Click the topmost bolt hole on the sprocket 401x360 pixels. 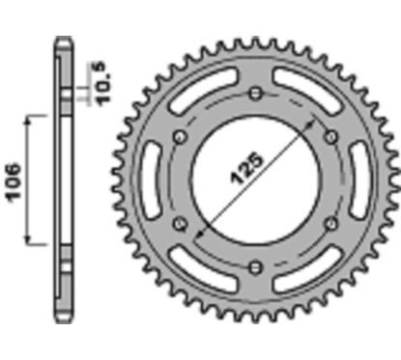[x=254, y=94]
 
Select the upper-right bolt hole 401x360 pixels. [x=329, y=136]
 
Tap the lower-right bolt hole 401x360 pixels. [x=329, y=223]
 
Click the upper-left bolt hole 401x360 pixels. [x=179, y=136]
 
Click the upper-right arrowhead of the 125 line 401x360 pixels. [x=311, y=125]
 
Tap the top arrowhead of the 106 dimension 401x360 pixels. [x=36, y=117]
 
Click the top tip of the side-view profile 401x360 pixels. [x=63, y=39]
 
